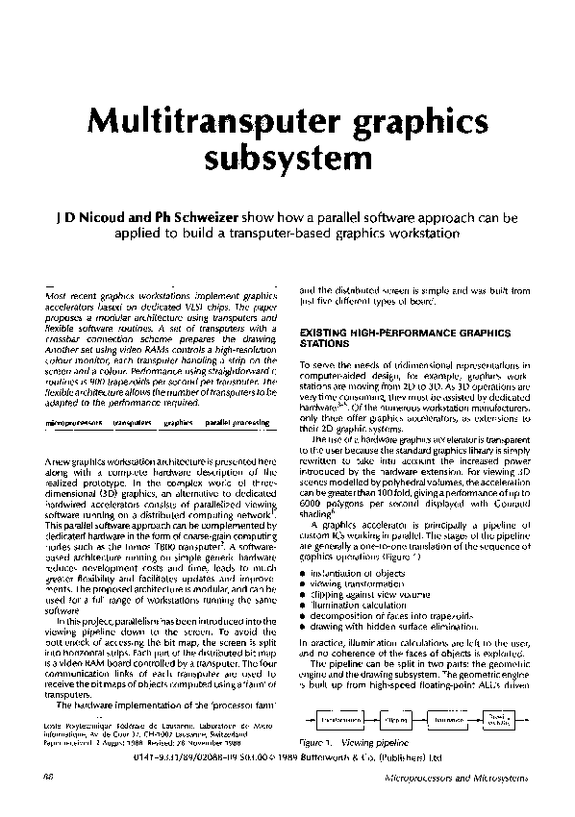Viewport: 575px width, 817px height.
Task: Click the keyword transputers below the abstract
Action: pyautogui.click(x=132, y=422)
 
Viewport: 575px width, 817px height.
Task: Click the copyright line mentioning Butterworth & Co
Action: pyautogui.click(x=330, y=756)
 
